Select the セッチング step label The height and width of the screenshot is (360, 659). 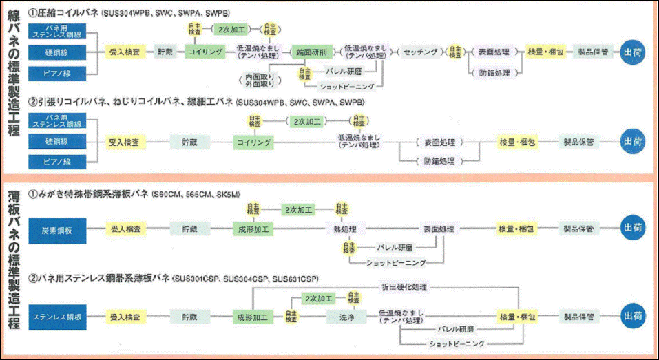(x=420, y=52)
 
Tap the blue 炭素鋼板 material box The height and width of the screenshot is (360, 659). (x=58, y=229)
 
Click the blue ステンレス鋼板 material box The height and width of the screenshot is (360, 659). (x=58, y=317)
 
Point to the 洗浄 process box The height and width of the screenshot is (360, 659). (x=346, y=317)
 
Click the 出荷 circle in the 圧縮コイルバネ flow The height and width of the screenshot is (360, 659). (x=633, y=52)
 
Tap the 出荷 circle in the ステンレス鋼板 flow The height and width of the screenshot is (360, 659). (x=633, y=317)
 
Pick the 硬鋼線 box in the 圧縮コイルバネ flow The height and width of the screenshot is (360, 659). (x=58, y=52)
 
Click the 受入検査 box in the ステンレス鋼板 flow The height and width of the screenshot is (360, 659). (x=126, y=317)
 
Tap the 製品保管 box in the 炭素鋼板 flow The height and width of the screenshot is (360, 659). (x=579, y=229)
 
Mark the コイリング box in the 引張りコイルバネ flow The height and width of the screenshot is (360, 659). (x=253, y=142)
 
